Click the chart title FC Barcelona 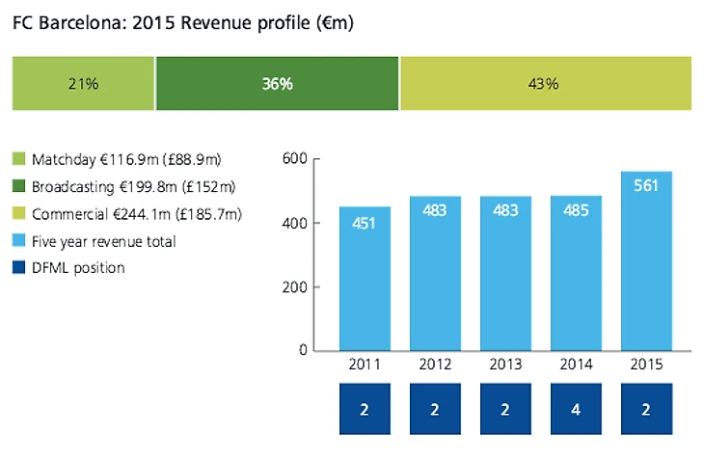coord(183,22)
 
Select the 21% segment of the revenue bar coord(83,83)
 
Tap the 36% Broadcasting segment coord(277,83)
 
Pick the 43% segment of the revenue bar coord(545,83)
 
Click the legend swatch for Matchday coord(19,159)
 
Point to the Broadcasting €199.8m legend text coord(134,186)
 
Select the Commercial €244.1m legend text coord(136,214)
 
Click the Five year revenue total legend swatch coord(19,241)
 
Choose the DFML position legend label coord(78,268)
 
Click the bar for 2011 coord(365,280)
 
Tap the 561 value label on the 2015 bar coord(646,185)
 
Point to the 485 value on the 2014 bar coord(576,209)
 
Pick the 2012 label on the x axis coord(435,367)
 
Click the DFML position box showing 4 coord(576,409)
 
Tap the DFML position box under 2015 coord(646,409)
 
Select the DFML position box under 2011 coord(365,409)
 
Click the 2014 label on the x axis coord(576,367)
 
